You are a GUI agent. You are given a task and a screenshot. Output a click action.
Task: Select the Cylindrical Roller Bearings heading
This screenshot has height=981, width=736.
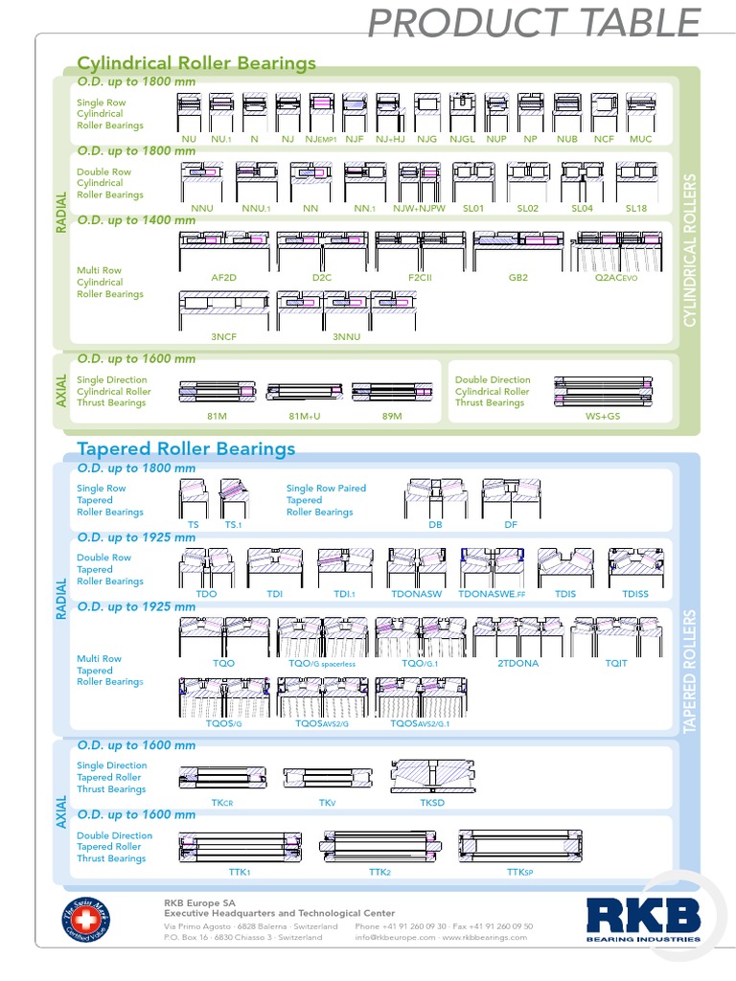[196, 64]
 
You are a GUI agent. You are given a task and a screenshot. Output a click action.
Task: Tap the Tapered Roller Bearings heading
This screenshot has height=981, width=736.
[186, 448]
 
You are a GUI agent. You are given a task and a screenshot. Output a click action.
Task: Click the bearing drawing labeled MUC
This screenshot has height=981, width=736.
[640, 113]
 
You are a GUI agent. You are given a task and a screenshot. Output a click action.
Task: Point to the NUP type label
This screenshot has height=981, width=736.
[495, 139]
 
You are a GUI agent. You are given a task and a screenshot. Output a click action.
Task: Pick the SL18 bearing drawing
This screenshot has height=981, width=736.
[636, 182]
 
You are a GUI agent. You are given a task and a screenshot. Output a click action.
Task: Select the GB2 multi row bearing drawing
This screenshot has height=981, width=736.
[518, 251]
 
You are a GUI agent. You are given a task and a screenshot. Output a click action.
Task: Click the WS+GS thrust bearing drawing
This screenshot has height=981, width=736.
[603, 392]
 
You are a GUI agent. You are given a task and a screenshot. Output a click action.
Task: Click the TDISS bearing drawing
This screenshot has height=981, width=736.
[634, 568]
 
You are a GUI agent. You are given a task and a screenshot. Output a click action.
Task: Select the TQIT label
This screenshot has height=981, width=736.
[616, 663]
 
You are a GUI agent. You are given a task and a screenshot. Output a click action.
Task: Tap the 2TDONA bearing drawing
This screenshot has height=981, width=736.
[517, 636]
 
